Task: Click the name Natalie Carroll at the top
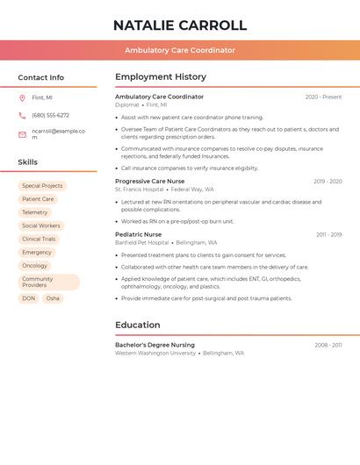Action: coord(180,25)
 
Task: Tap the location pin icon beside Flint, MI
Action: coord(22,97)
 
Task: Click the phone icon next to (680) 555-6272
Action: coord(22,115)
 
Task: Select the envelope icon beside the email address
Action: coord(22,134)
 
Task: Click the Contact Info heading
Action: coord(41,77)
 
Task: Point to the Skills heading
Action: coord(28,162)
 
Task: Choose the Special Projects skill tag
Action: coord(42,186)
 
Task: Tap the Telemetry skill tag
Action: coord(35,212)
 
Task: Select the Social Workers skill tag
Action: coord(41,225)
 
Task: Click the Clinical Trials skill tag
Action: coord(39,239)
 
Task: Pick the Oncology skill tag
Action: coord(35,266)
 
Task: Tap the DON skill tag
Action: coord(29,298)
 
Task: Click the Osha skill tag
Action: coord(53,298)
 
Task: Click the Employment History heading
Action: coord(161,77)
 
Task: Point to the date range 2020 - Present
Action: coord(323,97)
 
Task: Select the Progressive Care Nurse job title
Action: coord(150,182)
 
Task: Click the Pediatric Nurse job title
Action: coord(139,235)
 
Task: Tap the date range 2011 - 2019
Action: coord(329,235)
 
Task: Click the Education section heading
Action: coord(138,325)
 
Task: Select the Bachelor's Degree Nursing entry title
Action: coord(155,345)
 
